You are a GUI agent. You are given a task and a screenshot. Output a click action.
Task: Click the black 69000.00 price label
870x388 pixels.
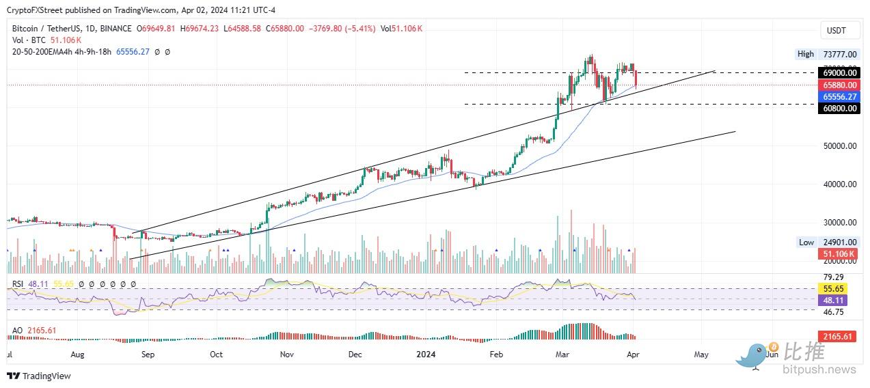coord(839,72)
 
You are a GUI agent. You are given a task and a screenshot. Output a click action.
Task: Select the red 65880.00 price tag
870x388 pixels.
coord(839,85)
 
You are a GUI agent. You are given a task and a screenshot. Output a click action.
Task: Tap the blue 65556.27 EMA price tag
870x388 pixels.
coord(839,97)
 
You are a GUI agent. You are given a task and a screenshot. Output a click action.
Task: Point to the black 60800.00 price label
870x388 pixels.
coord(839,108)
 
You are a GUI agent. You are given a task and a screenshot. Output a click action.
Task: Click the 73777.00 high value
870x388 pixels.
coord(840,54)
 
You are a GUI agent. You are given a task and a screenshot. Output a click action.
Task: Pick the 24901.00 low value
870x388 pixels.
coord(840,242)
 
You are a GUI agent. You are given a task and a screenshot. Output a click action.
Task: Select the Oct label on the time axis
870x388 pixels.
coord(217,355)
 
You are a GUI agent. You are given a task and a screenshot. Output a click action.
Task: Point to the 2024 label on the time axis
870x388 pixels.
coord(426,355)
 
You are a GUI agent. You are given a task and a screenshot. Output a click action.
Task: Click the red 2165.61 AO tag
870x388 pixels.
coord(837,337)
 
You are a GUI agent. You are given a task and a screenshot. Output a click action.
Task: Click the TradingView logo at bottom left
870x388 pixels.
coord(39,376)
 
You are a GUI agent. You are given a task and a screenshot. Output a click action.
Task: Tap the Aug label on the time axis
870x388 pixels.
coord(77,355)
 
